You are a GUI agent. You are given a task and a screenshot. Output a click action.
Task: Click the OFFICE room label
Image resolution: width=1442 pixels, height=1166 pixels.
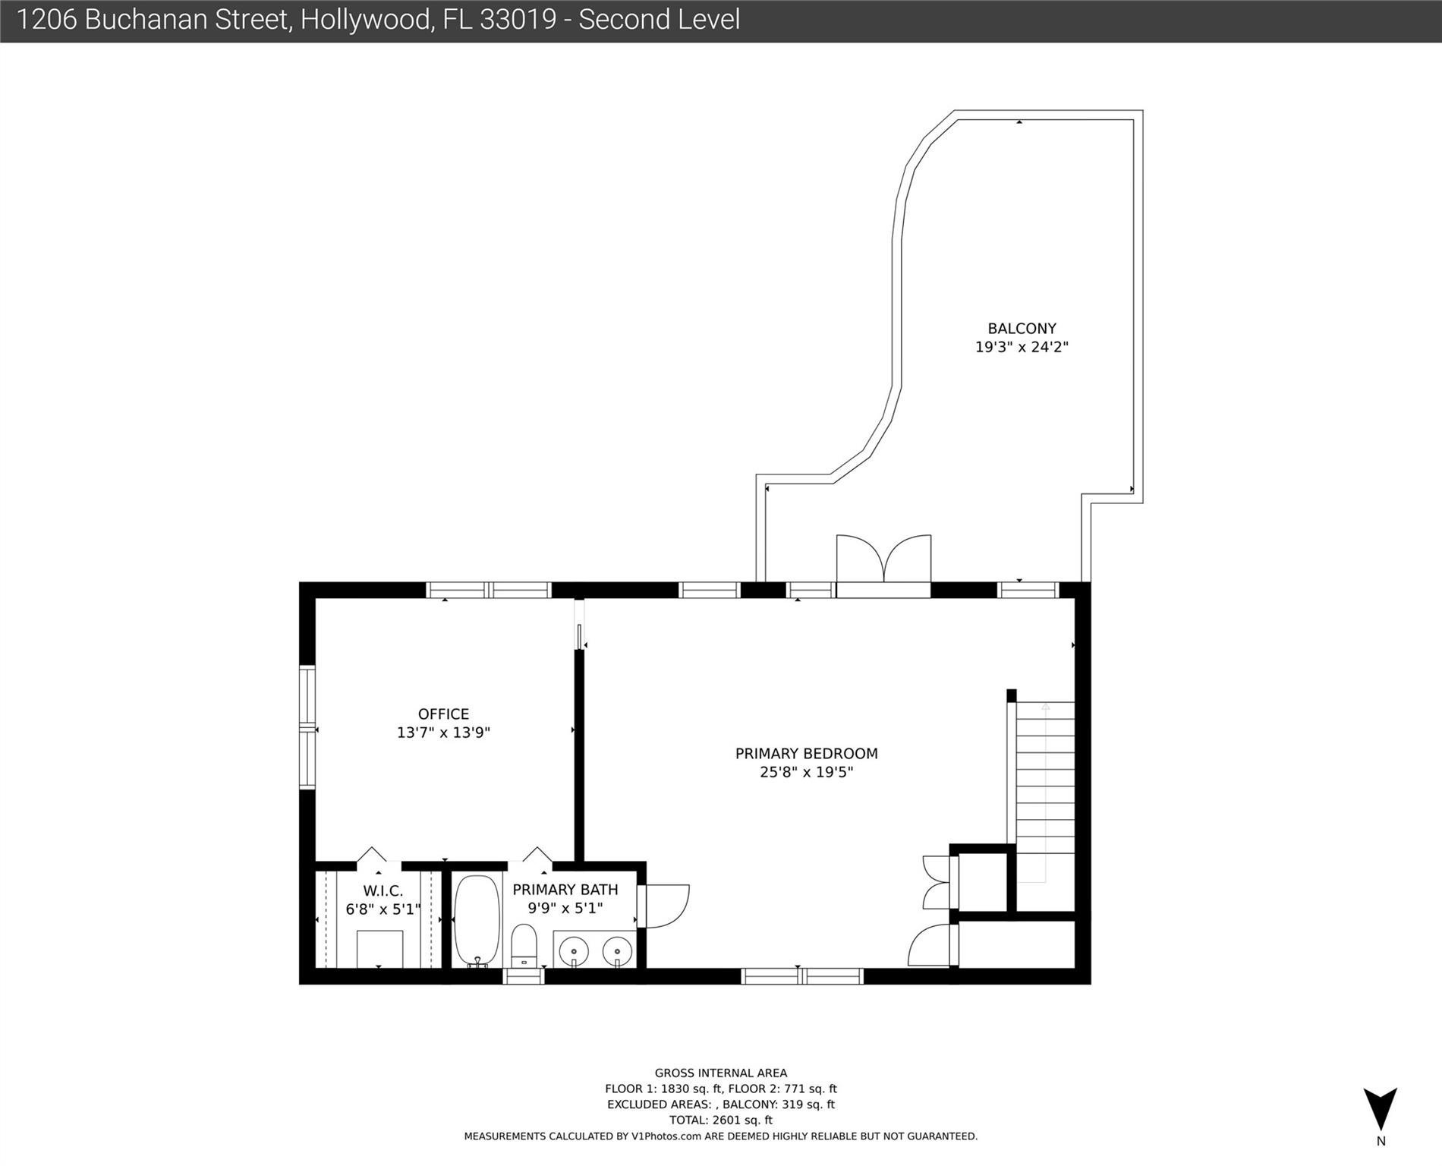pos(443,714)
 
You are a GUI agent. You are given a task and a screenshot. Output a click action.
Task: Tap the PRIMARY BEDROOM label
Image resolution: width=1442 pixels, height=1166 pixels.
pos(806,754)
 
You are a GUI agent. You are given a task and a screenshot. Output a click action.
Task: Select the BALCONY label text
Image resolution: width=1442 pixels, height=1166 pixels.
pos(1022,329)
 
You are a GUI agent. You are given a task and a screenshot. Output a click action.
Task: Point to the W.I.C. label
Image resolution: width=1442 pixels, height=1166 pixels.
pos(383,891)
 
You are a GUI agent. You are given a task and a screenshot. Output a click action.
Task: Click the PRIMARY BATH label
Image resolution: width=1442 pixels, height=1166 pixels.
pos(565,890)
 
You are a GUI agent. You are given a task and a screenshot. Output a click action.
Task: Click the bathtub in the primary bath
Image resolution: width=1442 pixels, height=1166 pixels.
pos(477,921)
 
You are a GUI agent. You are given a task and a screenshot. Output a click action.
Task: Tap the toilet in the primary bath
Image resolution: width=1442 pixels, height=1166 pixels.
pos(524,946)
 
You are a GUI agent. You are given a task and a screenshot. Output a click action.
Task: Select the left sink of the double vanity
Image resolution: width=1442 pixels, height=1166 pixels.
pos(574,950)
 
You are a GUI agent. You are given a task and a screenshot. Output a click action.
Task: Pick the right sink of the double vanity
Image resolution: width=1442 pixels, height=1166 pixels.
pos(618,950)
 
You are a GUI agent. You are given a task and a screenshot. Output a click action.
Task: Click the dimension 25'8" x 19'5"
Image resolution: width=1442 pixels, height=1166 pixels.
pos(806,772)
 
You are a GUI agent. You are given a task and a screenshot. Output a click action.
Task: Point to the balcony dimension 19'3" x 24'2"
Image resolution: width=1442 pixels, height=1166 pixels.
pos(1022,347)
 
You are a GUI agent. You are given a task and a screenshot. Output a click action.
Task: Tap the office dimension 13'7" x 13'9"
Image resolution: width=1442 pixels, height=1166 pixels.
pos(443,733)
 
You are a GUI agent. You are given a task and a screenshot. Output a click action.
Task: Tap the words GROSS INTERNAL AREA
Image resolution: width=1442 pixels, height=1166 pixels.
pos(721,1073)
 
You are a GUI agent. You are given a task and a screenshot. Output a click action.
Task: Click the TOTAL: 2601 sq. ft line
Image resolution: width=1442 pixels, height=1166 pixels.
pos(721,1120)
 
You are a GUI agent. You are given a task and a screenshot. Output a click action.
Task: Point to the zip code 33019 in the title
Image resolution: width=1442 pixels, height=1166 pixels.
pos(518,20)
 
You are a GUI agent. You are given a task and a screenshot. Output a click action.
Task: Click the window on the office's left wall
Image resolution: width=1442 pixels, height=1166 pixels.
pos(307,727)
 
